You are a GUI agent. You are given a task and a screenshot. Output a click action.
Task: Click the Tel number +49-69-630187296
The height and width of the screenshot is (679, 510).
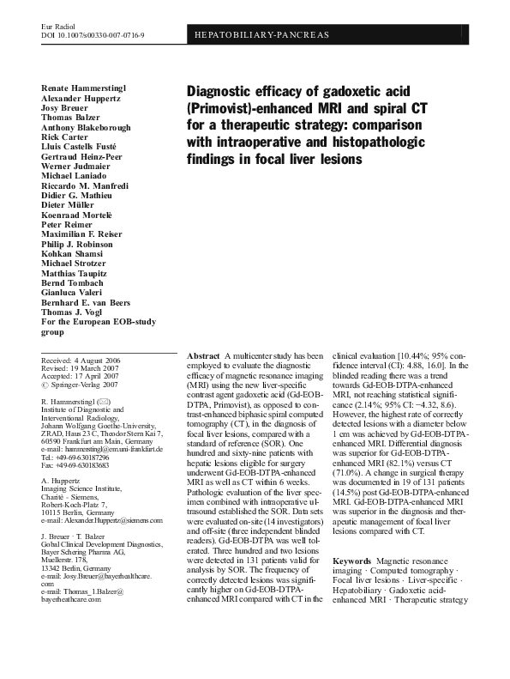pyautogui.click(x=83, y=457)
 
